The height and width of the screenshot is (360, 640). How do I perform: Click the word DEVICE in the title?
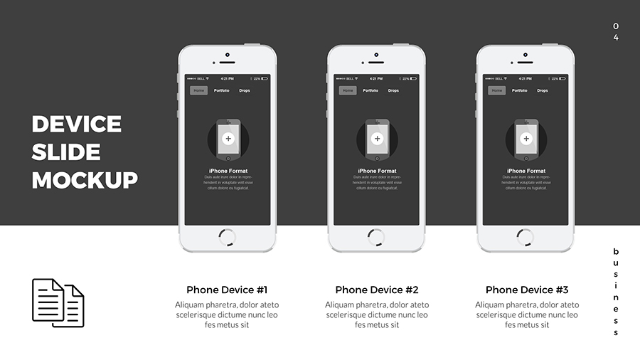(x=76, y=125)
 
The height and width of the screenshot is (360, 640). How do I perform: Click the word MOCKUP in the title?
(x=85, y=180)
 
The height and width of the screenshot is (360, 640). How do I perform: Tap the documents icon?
(x=58, y=303)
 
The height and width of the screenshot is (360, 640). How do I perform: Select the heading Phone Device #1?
(x=227, y=290)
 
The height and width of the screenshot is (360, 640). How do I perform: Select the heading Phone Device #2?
(x=377, y=290)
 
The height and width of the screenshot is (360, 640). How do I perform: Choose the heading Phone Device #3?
(x=527, y=290)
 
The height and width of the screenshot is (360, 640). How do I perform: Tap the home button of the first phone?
(x=227, y=238)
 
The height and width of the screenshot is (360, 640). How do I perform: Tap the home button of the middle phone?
(x=376, y=238)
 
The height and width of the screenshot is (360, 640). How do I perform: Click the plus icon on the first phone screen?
(x=228, y=139)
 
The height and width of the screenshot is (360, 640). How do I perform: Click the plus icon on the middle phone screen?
(x=377, y=139)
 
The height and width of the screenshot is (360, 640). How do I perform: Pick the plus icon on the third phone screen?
(x=526, y=139)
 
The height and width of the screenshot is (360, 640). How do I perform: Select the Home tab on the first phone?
(x=198, y=90)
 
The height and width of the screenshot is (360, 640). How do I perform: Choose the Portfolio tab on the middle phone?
(x=370, y=90)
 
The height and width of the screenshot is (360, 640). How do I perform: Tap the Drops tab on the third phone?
(x=543, y=90)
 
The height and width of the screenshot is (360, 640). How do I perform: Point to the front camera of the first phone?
(x=227, y=54)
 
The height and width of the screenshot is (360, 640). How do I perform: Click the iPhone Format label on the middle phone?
(x=377, y=171)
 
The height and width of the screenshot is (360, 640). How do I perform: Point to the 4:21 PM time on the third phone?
(x=526, y=78)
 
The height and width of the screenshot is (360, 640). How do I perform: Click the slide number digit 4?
(x=616, y=38)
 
